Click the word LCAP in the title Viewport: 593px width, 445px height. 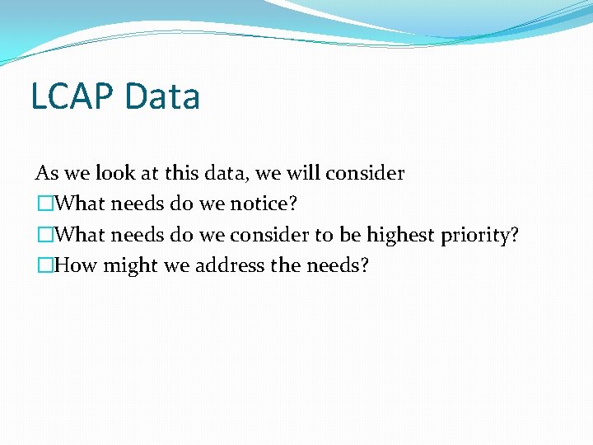(x=72, y=96)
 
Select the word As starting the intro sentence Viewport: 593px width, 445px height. (x=46, y=173)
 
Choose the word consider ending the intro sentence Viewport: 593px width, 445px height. (x=365, y=173)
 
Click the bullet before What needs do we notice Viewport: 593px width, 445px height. (x=42, y=204)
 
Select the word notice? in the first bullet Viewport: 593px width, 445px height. (x=266, y=204)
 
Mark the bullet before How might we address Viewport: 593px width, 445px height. (x=42, y=265)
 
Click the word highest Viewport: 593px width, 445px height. (x=401, y=235)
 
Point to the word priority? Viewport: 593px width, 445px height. (x=479, y=236)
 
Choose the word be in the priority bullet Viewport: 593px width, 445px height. (x=350, y=235)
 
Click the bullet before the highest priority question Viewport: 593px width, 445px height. (x=42, y=235)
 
